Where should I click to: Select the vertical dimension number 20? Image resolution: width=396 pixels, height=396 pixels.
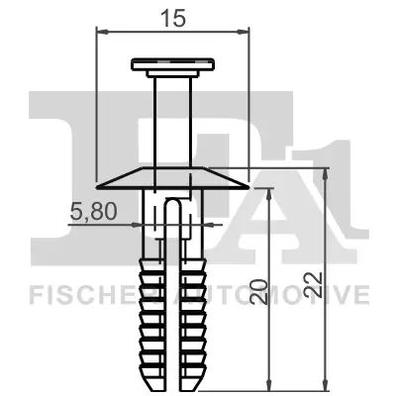coord(257,290)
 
